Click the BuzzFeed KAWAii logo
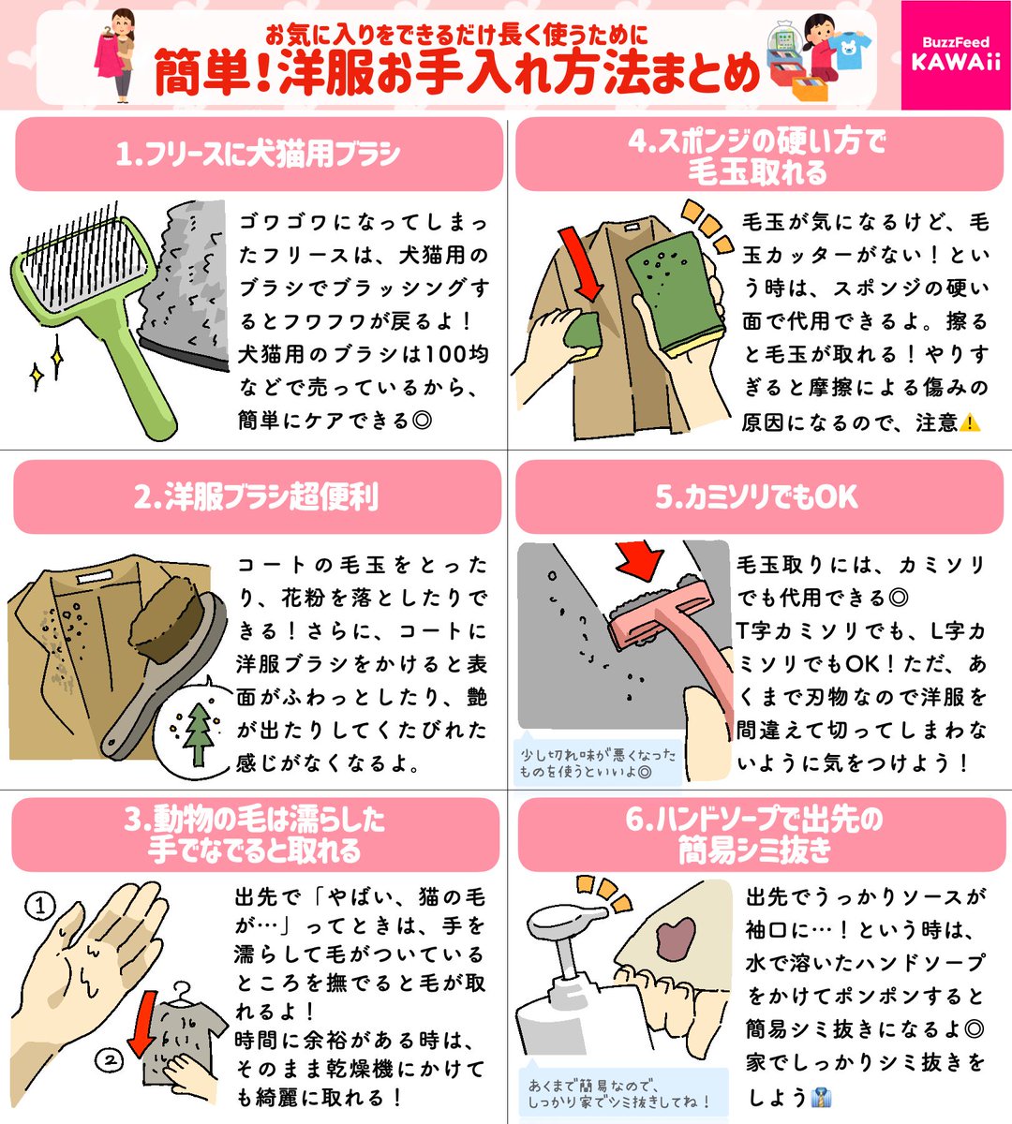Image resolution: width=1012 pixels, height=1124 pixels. [956, 55]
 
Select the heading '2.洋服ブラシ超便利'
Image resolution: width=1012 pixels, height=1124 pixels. [256, 496]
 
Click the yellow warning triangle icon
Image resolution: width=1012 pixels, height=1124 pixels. [970, 422]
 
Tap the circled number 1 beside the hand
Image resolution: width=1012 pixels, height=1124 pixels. [40, 906]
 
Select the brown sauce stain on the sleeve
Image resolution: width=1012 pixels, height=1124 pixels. [675, 939]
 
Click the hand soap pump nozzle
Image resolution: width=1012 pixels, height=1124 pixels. [566, 919]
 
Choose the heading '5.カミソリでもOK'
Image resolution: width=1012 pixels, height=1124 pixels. [757, 496]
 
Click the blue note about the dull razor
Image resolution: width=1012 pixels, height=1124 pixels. [597, 762]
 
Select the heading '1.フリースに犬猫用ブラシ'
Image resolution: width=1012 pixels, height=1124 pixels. [258, 154]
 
